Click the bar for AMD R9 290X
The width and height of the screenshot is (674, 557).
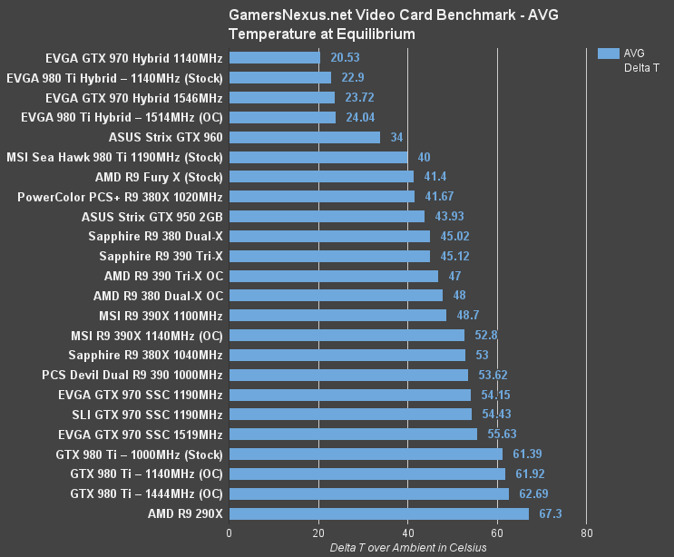click(378, 513)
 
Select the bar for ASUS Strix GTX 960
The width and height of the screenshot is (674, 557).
click(304, 137)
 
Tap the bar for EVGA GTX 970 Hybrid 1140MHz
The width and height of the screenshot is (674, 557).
click(274, 57)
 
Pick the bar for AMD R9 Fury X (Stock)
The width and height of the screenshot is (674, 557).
click(321, 177)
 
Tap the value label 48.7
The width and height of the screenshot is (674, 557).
click(465, 315)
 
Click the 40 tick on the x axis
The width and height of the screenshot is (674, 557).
click(407, 533)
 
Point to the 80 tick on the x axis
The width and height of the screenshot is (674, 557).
click(586, 533)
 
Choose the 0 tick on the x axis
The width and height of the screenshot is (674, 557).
click(229, 533)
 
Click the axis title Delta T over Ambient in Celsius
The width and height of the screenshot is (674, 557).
click(408, 547)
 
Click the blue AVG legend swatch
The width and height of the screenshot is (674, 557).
click(607, 54)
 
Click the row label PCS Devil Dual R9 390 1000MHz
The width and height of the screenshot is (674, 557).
click(132, 375)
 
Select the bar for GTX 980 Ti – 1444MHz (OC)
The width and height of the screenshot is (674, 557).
click(368, 493)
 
